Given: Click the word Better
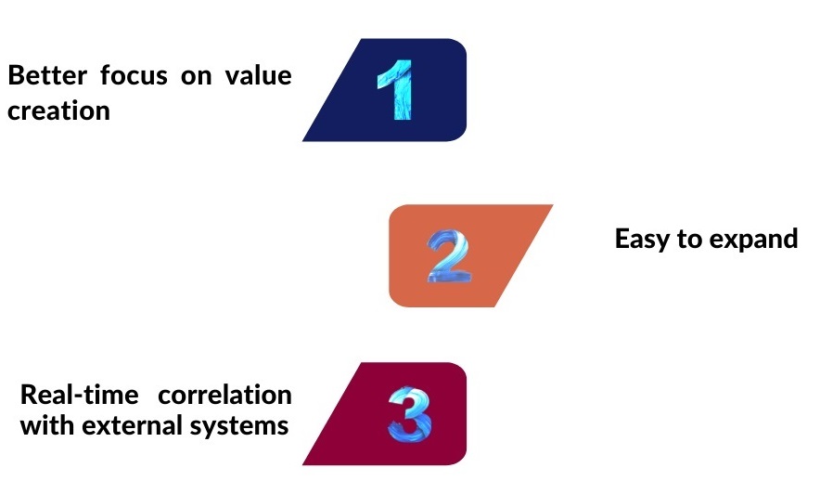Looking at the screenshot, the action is coord(47,75).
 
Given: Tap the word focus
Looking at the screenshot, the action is coord(134,75).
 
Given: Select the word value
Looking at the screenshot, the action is coord(259,75).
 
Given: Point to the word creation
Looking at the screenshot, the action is coord(58,110).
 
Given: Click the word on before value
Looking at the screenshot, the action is coord(196,77).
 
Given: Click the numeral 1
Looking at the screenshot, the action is coord(396,90).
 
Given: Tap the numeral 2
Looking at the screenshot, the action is coord(448,256).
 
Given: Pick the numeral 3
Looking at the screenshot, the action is coord(409,413).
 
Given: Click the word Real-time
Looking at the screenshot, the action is coord(80,395).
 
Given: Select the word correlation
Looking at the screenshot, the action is coord(224,395).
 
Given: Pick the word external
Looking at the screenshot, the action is coord(133,425).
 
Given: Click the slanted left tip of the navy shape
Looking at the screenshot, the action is coord(303,140).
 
